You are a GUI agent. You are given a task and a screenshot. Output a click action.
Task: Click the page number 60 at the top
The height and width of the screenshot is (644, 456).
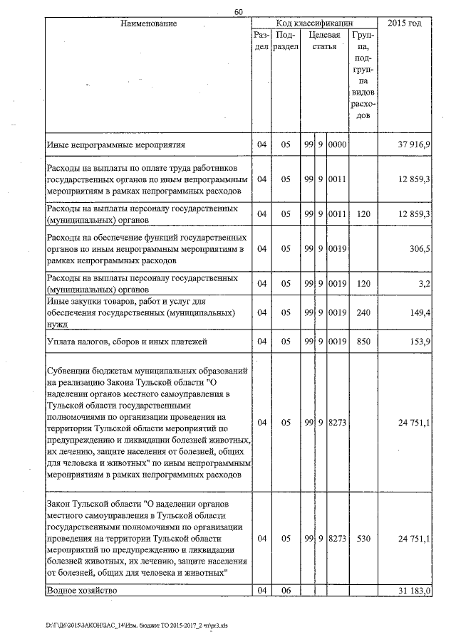[x=238, y=12]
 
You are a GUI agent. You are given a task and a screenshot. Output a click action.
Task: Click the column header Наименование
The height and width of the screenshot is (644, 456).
[x=148, y=24]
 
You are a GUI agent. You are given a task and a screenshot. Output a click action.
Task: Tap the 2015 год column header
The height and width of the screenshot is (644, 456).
[x=404, y=24]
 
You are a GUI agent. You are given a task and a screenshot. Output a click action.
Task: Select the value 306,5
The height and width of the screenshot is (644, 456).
[x=418, y=248]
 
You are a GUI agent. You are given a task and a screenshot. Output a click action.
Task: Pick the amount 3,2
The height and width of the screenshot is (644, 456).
[x=423, y=283]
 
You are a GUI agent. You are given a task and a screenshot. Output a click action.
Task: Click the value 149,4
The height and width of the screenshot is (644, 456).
[x=418, y=312]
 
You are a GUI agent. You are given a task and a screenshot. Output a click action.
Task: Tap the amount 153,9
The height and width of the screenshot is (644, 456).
[x=418, y=342]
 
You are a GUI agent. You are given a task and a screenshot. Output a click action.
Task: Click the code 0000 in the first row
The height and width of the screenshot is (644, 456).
[x=337, y=145]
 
